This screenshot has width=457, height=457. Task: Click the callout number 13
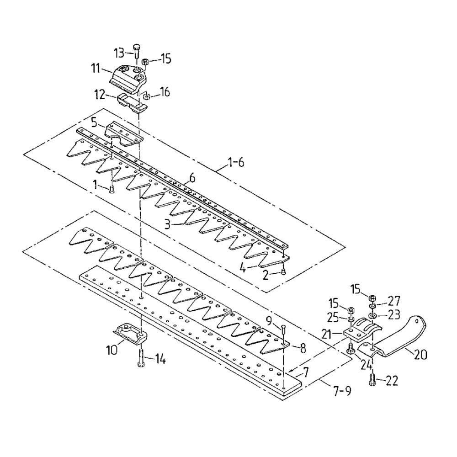(x=118, y=53)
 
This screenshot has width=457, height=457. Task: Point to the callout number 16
(x=164, y=92)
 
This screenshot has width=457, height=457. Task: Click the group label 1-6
(x=236, y=162)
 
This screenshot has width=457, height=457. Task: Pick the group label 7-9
(x=341, y=391)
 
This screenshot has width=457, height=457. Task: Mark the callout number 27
(x=394, y=301)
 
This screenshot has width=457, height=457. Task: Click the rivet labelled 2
(x=283, y=272)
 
